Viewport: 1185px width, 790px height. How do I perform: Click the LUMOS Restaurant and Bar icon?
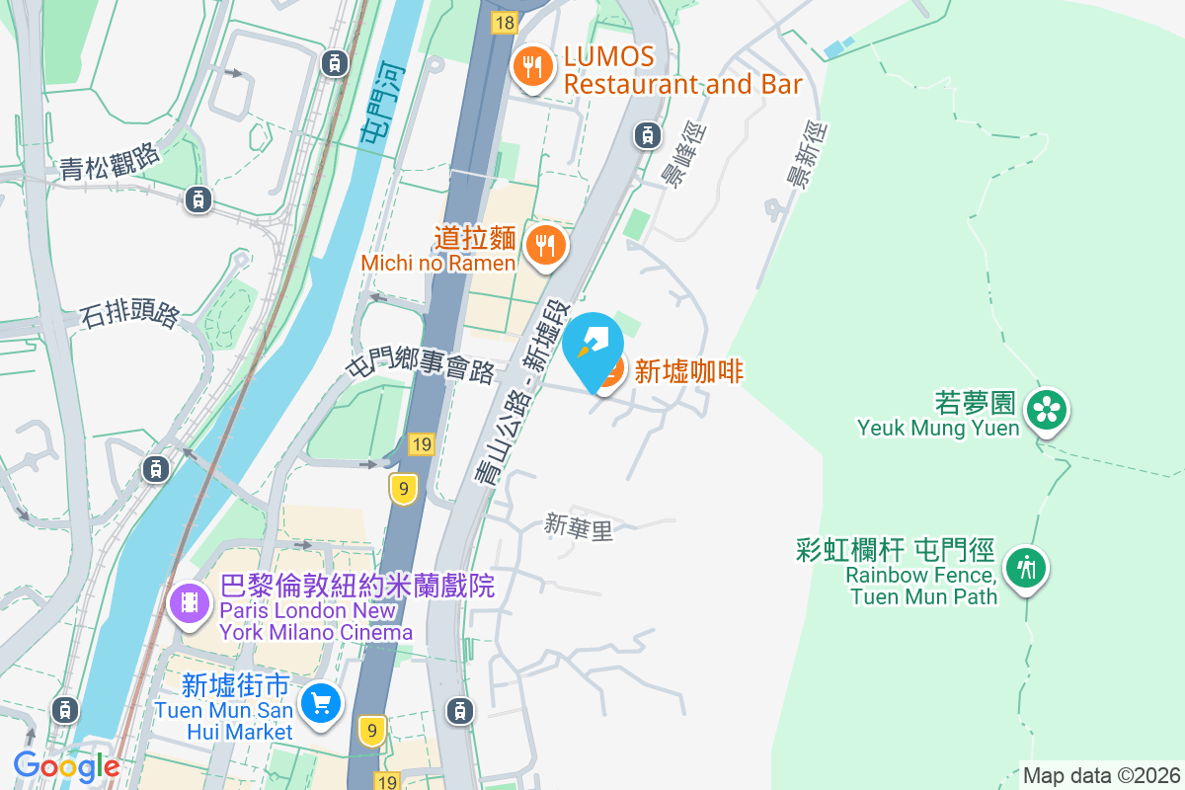coord(534,67)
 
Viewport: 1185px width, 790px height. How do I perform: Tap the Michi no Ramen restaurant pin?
coord(544,244)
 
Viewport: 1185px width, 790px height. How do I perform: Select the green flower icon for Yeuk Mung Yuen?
coord(1046,410)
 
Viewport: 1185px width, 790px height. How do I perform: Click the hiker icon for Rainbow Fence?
coord(1027,569)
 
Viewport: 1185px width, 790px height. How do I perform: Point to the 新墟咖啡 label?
coord(688,371)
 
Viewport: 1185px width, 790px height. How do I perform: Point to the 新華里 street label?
coord(579,528)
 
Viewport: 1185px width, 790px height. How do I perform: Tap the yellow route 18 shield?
coord(505,22)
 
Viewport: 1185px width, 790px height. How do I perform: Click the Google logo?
coord(66,765)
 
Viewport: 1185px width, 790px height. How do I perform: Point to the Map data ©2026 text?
coord(1100,775)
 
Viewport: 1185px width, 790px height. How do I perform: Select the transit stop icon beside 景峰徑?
coord(647,134)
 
